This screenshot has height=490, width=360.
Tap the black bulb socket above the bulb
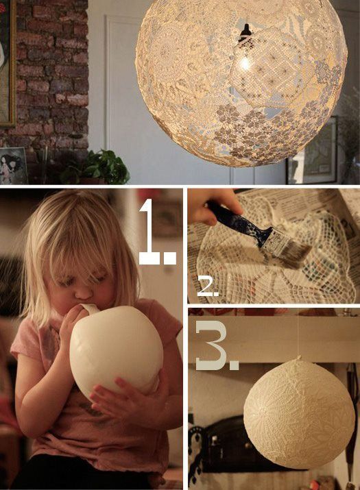tap(244, 33)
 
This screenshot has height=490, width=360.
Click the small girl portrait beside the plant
tap(14, 166)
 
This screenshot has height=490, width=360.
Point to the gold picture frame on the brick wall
tap(8, 69)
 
